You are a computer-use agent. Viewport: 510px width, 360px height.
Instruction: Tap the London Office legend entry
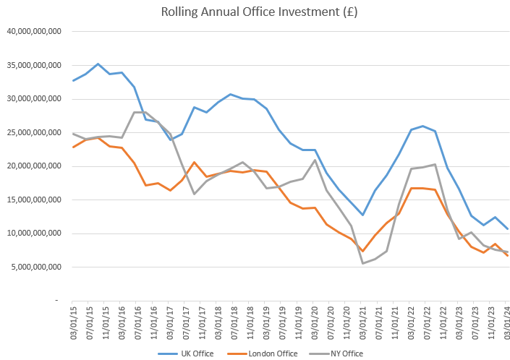[x=257, y=353]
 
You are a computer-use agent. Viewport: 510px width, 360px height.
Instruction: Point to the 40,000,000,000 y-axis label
[x=34, y=32]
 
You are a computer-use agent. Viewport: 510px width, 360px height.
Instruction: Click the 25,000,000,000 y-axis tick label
[x=34, y=132]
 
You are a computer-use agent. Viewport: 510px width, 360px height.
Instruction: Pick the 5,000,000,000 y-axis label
[x=36, y=267]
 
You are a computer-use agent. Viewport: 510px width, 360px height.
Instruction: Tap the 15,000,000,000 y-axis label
[x=34, y=200]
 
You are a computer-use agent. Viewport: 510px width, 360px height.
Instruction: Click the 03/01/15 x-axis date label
[x=72, y=321]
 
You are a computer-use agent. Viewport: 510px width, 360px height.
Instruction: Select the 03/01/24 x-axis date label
[x=508, y=321]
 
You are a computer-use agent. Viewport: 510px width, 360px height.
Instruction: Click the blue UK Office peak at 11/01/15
[x=98, y=64]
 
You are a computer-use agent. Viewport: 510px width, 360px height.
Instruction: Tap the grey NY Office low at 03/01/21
[x=362, y=263]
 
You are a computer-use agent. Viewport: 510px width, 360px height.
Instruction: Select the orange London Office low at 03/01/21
[x=362, y=251]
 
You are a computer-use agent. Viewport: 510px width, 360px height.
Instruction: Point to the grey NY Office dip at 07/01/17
[x=194, y=194]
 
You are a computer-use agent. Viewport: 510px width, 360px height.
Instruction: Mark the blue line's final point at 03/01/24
[x=507, y=228]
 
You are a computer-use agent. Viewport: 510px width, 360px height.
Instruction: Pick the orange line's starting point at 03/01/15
[x=72, y=147]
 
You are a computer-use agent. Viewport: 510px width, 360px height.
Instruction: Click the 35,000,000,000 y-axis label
[x=34, y=65]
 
